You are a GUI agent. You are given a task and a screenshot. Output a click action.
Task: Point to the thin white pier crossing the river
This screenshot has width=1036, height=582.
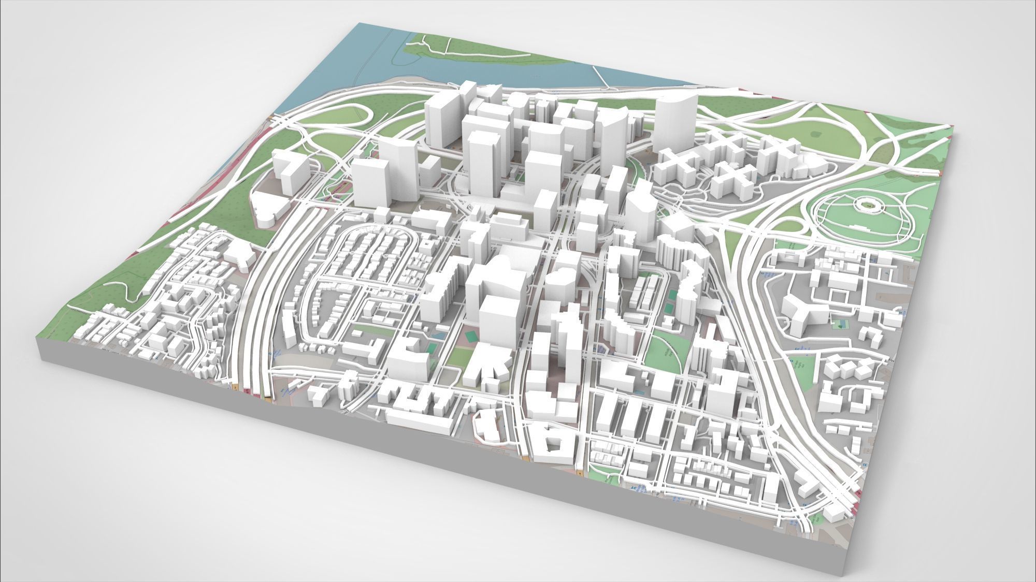[602, 78]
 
